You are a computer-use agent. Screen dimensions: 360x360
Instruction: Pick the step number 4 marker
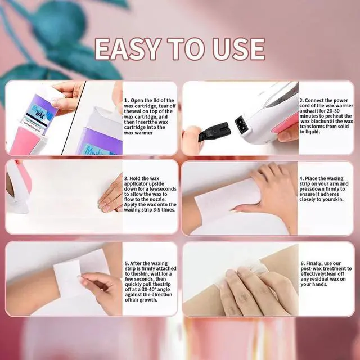click(301, 177)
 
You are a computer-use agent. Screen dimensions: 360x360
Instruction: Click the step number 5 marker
click(125, 263)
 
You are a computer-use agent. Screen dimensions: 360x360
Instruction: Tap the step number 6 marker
click(301, 263)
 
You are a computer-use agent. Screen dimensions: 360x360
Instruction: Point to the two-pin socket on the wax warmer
click(244, 125)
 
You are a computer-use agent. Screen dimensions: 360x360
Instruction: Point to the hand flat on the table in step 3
click(109, 194)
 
